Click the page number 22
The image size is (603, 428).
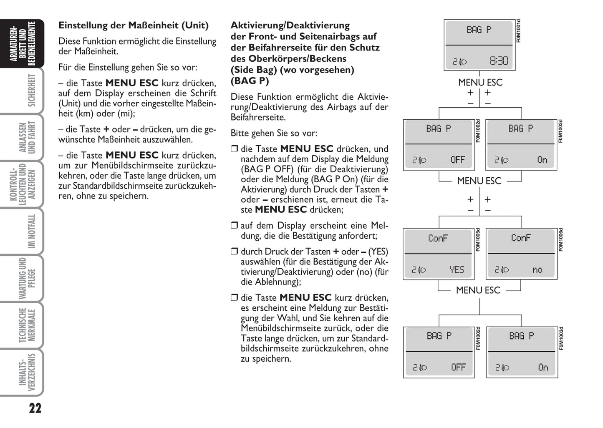coord(35,408)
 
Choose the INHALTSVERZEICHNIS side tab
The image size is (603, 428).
coord(28,373)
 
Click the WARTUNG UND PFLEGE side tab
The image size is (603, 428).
coord(28,278)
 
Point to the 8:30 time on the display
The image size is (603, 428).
coord(499,61)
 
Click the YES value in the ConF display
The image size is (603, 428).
coord(457,270)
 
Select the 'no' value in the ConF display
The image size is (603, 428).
coord(537,270)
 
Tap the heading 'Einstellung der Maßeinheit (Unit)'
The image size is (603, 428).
coord(134,25)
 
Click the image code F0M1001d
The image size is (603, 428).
coord(519,31)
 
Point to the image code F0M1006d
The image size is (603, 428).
coord(561,240)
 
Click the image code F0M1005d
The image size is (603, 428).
coord(478,240)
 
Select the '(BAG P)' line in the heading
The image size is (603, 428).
coord(250,81)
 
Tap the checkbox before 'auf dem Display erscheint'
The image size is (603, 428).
coord(234,226)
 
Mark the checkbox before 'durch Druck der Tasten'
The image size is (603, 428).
coord(234,252)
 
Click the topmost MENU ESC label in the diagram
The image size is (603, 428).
coord(480,83)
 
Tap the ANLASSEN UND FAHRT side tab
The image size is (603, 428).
coord(28,137)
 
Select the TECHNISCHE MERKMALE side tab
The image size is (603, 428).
coord(28,325)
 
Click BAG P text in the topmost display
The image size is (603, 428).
coord(479,30)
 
